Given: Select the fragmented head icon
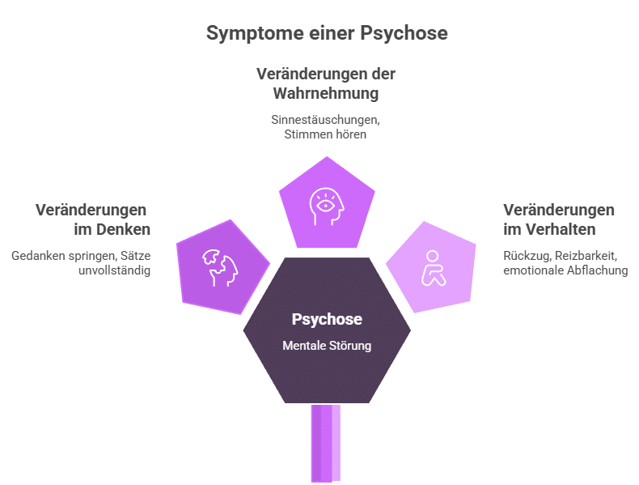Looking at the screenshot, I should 221,266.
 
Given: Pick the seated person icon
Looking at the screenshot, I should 433,267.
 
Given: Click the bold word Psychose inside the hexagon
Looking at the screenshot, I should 327,319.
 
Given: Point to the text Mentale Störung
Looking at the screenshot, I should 327,346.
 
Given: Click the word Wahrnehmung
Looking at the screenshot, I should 326,94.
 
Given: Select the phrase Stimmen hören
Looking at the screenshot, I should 326,134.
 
